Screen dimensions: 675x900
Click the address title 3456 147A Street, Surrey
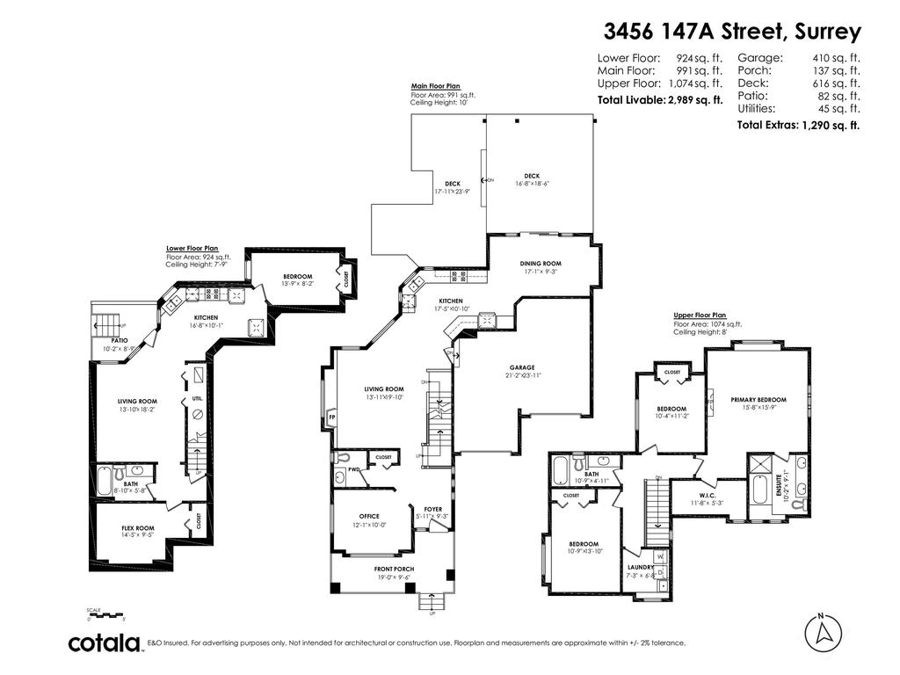click(732, 33)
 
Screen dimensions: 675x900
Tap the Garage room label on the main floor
click(522, 367)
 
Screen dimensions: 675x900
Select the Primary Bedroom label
click(758, 400)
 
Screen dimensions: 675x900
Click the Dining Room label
click(541, 264)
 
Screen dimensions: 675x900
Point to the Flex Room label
click(137, 528)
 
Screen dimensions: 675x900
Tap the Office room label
click(369, 516)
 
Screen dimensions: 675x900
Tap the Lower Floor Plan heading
click(192, 249)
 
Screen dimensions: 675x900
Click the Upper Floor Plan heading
click(700, 315)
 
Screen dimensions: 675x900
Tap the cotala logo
click(105, 643)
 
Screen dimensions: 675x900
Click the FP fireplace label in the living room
click(332, 416)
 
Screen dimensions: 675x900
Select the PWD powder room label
click(352, 469)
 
